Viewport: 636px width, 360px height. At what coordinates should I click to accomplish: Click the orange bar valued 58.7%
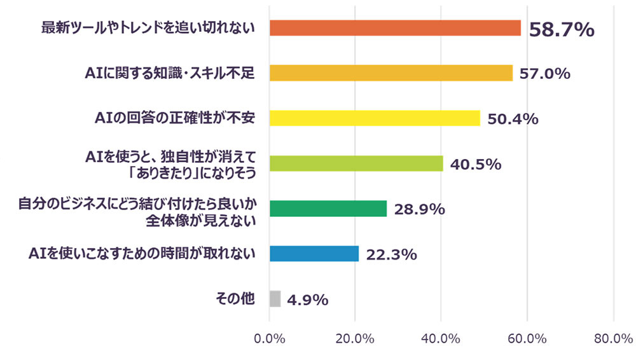coord(395,28)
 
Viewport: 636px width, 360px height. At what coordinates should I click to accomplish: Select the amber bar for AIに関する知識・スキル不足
coord(391,73)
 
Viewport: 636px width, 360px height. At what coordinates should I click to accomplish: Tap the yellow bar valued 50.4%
coord(375,118)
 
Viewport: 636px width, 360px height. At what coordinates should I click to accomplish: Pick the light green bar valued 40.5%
coord(356,163)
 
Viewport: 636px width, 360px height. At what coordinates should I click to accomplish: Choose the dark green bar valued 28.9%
coord(328,209)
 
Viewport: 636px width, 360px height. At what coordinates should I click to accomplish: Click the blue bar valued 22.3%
coord(314,254)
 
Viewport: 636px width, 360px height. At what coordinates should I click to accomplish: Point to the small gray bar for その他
coord(275,299)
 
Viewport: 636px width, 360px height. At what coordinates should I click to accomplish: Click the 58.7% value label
coord(562,29)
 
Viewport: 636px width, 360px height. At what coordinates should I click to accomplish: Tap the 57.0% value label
coord(544,74)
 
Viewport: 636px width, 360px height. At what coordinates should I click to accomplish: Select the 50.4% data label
coord(513,119)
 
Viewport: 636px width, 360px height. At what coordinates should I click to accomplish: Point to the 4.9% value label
coord(307,300)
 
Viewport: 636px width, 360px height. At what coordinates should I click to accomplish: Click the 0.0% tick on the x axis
coord(269,339)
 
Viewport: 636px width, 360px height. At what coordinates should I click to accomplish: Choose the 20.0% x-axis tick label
coord(355,339)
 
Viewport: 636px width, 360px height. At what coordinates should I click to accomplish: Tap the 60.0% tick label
coord(527,339)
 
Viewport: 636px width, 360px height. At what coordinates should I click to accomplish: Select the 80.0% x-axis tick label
coord(612,339)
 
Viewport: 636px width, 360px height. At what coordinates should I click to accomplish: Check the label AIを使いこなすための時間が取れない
coord(142,254)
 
